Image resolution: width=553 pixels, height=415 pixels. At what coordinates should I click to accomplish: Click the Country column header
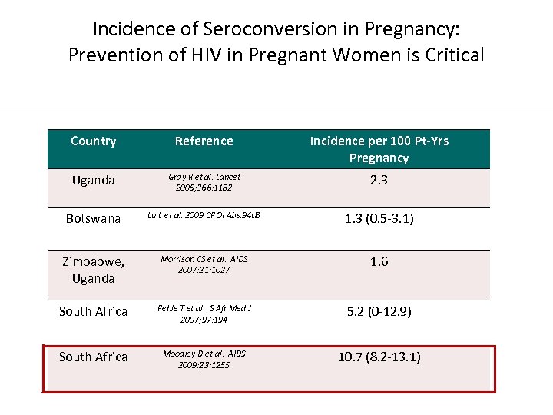(94, 141)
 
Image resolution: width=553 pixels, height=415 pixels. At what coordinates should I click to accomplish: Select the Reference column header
(204, 141)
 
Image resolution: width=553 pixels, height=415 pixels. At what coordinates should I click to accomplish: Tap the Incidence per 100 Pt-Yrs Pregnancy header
(379, 149)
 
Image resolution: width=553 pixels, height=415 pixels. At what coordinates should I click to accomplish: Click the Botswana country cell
(94, 219)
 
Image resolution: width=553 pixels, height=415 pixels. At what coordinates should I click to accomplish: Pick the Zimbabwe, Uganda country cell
(94, 270)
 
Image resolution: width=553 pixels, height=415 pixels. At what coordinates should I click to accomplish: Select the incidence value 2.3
(379, 181)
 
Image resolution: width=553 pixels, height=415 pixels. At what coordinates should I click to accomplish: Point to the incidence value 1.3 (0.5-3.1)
(379, 219)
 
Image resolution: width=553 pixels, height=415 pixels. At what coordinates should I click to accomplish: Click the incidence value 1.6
(379, 262)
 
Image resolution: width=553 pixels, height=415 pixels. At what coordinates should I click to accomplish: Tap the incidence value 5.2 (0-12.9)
(379, 312)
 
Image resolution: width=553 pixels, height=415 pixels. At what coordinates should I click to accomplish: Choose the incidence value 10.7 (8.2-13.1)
(379, 357)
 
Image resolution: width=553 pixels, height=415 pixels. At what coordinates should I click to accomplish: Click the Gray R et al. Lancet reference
(204, 182)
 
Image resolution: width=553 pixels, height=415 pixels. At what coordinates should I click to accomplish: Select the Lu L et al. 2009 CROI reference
(204, 216)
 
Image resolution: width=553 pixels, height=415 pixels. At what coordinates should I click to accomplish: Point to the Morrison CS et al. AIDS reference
(204, 264)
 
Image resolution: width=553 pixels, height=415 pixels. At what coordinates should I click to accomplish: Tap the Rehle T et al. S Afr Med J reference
(204, 314)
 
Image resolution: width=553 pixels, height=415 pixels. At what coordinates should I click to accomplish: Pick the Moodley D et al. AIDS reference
(204, 359)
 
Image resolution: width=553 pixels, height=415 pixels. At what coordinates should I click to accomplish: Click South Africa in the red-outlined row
(94, 357)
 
